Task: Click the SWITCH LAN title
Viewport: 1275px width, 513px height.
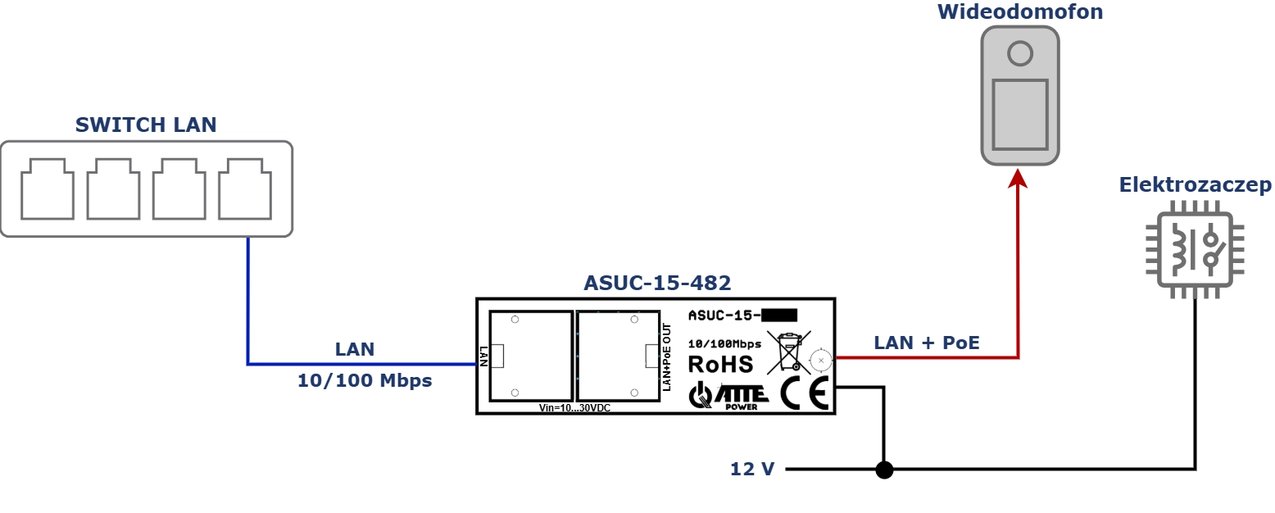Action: [146, 125]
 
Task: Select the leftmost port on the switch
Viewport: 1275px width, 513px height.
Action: [48, 189]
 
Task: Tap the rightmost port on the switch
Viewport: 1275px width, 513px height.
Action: [245, 189]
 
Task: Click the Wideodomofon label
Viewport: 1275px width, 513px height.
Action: [1020, 11]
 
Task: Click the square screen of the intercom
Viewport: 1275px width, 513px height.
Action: [1020, 115]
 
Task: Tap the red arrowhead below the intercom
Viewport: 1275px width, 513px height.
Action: [1018, 178]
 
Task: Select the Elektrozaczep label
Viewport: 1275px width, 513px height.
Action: [1195, 184]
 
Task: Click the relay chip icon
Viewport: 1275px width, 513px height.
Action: [1195, 249]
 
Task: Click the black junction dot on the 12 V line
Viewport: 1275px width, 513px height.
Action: [884, 470]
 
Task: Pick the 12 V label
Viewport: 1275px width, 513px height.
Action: [752, 470]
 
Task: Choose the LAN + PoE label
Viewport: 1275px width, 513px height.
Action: [927, 343]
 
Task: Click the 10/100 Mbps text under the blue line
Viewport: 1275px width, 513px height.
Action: [365, 380]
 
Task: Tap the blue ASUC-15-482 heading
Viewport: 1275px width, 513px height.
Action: [657, 283]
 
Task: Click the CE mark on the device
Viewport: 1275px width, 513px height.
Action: [805, 393]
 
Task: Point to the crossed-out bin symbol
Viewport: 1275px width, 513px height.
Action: [789, 353]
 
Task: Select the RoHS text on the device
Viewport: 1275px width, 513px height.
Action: [720, 365]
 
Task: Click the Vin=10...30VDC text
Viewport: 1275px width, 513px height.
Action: [575, 408]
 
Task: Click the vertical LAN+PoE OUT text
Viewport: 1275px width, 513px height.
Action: [667, 357]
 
